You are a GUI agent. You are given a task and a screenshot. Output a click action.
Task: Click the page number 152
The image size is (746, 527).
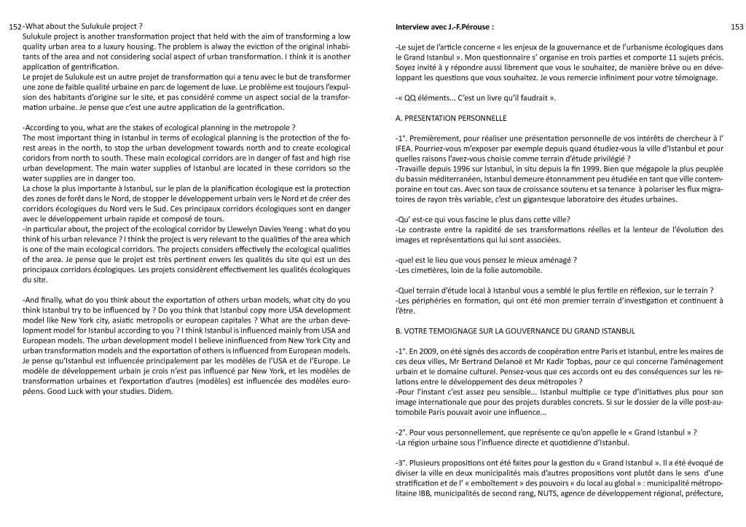[x=15, y=28]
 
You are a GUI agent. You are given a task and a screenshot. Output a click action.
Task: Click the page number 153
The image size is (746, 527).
[x=736, y=27]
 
